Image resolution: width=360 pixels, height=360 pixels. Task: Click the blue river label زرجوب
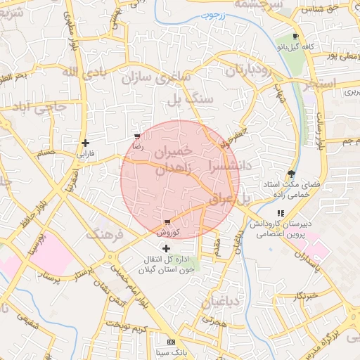click(x=210, y=15)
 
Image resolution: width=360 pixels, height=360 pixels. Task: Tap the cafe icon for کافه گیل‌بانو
click(x=295, y=37)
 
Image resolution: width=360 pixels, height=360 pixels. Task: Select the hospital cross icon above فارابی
click(x=85, y=143)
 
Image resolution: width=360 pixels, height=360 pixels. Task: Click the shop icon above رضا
click(x=136, y=136)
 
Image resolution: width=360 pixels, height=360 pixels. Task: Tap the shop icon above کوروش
click(x=166, y=222)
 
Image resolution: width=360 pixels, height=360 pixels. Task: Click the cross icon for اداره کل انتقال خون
click(x=166, y=248)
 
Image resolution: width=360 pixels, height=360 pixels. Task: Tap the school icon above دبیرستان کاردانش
click(x=281, y=213)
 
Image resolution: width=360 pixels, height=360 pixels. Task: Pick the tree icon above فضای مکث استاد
click(x=291, y=174)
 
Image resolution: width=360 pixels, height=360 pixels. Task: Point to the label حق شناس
click(x=322, y=9)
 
